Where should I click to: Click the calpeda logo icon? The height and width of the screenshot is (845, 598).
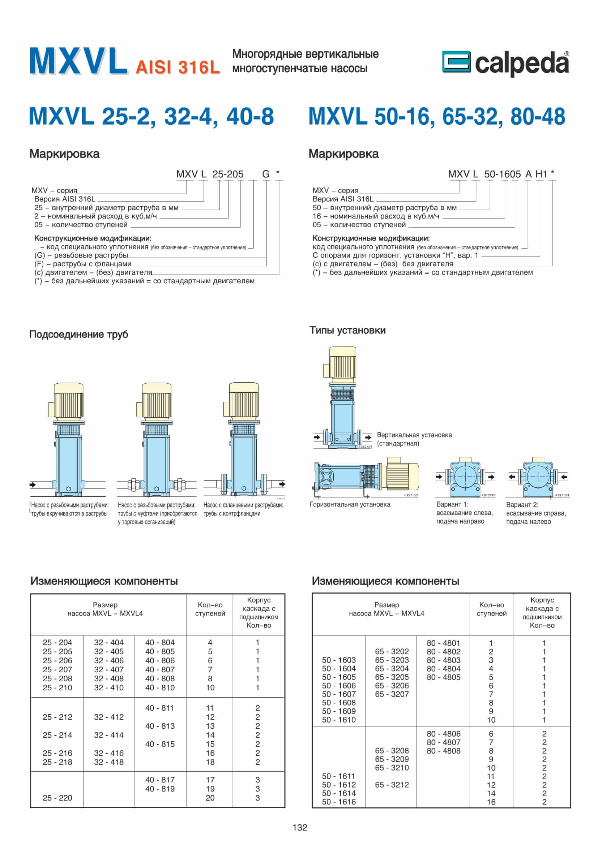pyautogui.click(x=456, y=61)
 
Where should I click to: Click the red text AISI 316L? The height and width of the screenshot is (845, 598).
pyautogui.click(x=178, y=67)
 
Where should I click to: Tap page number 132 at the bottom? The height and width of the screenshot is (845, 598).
pyautogui.click(x=300, y=828)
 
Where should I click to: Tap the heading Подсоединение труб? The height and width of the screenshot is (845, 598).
pyautogui.click(x=78, y=334)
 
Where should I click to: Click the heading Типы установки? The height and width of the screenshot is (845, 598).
pyautogui.click(x=347, y=330)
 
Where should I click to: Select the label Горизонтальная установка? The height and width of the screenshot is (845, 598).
pyautogui.click(x=350, y=504)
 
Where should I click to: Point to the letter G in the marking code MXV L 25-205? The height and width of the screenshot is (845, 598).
pyautogui.click(x=265, y=174)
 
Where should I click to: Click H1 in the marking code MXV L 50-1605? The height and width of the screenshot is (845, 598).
pyautogui.click(x=541, y=174)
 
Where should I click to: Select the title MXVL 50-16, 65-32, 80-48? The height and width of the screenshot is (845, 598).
pyautogui.click(x=437, y=116)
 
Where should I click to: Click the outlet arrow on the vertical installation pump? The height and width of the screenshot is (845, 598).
pyautogui.click(x=368, y=437)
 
